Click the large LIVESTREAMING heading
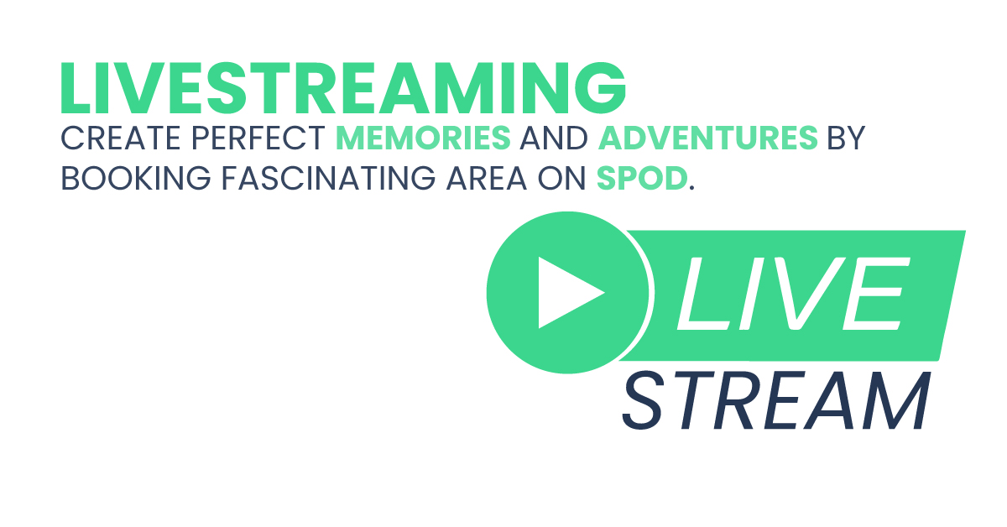tap(343, 88)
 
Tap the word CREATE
tap(121, 138)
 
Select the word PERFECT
tap(258, 138)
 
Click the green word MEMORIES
tap(424, 138)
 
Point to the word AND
tap(554, 138)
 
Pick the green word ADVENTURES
tap(708, 138)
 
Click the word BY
tap(847, 138)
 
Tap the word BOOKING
tap(136, 178)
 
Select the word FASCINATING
tap(329, 178)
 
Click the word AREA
tap(487, 178)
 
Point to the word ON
tap(562, 178)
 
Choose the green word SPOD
tap(642, 178)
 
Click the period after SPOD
tap(691, 188)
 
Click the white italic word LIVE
tap(794, 294)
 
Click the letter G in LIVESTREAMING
tap(601, 88)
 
